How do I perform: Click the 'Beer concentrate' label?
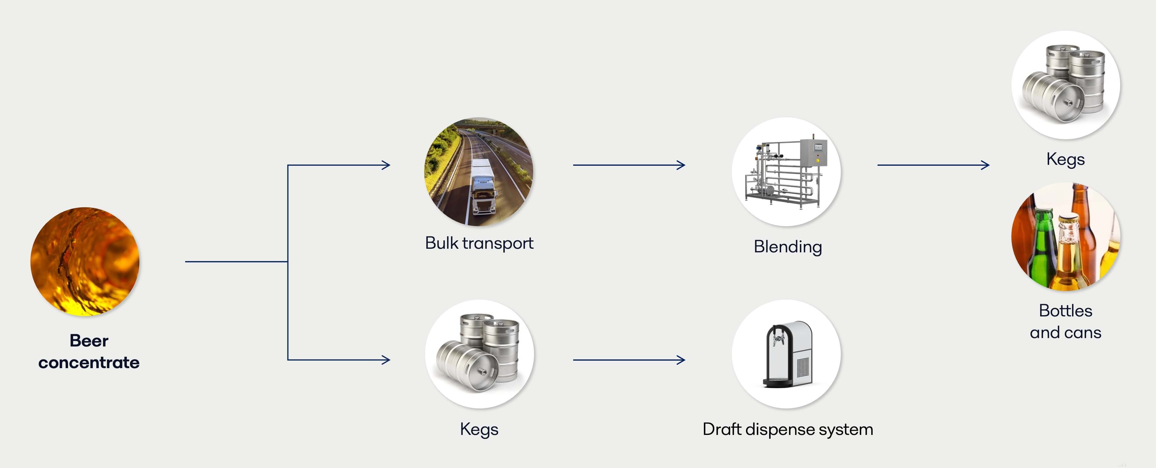(x=89, y=351)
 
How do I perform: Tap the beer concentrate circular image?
(x=85, y=261)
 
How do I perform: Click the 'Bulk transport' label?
(x=479, y=243)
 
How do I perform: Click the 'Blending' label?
(x=788, y=247)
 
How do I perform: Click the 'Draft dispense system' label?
(x=788, y=429)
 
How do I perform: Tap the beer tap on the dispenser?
(x=777, y=338)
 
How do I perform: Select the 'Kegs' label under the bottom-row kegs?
(x=479, y=429)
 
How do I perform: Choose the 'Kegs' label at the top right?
(x=1065, y=159)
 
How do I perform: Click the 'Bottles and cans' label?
(x=1065, y=322)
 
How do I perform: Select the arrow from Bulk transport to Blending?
(x=628, y=165)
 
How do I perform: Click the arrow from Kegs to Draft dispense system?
(x=628, y=359)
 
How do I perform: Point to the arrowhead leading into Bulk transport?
(x=386, y=165)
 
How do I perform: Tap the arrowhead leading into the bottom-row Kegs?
(x=386, y=359)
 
